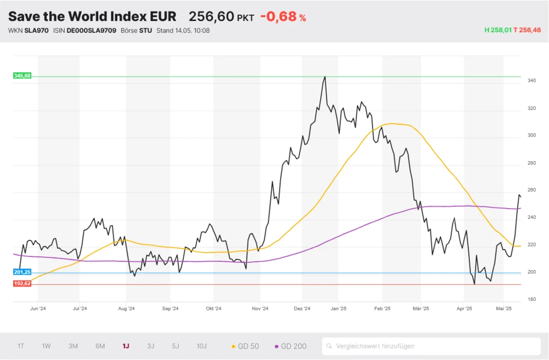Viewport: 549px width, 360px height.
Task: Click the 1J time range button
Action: (126, 346)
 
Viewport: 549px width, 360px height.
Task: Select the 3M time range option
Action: (73, 346)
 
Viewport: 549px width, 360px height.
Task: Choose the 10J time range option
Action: (201, 346)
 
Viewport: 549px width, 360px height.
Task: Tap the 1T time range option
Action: (21, 346)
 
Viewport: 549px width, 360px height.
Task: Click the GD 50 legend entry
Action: (245, 346)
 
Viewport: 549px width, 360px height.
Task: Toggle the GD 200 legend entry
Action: (290, 346)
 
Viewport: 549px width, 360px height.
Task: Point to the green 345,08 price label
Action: (22, 76)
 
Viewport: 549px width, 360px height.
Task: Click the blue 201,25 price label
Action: (22, 272)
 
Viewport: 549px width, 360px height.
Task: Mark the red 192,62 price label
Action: (22, 284)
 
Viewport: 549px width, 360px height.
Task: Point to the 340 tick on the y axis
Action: (531, 81)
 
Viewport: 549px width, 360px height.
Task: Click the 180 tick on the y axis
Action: (531, 299)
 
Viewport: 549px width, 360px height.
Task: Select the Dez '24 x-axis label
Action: (302, 308)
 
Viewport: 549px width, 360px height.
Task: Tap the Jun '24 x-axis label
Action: (38, 308)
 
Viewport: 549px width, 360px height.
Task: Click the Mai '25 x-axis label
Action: (504, 308)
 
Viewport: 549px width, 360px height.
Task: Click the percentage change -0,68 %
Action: (283, 17)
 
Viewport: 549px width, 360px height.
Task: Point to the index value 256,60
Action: (211, 17)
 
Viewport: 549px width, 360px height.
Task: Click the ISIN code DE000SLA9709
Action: (91, 30)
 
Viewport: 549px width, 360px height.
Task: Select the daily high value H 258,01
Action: (497, 30)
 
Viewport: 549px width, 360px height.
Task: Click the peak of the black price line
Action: (325, 77)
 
